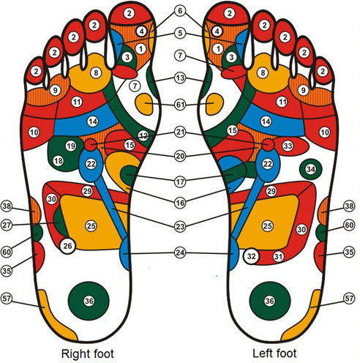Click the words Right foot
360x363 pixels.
pyautogui.click(x=88, y=353)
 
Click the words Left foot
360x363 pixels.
pyautogui.click(x=274, y=353)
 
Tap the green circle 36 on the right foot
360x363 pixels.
pyautogui.click(x=89, y=301)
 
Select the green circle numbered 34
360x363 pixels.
pyautogui.click(x=311, y=169)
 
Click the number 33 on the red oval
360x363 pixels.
pyautogui.click(x=288, y=146)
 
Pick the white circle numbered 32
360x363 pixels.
pyautogui.click(x=251, y=256)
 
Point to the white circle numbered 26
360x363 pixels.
pyautogui.click(x=67, y=246)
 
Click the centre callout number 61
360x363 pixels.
pyautogui.click(x=180, y=105)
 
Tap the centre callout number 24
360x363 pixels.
pyautogui.click(x=180, y=252)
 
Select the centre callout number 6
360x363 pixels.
pyautogui.click(x=180, y=11)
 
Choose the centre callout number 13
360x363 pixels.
pyautogui.click(x=180, y=78)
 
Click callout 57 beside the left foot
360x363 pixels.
pyautogui.click(x=349, y=299)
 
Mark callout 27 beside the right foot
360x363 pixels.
pyautogui.click(x=7, y=225)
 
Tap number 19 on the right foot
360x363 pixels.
pyautogui.click(x=71, y=146)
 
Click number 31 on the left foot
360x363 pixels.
pyautogui.click(x=278, y=256)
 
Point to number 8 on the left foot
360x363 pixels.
pyautogui.click(x=263, y=72)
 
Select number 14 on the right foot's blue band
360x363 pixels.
pyautogui.click(x=93, y=121)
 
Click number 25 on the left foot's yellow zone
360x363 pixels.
pyautogui.click(x=267, y=226)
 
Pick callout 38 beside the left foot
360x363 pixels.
pyautogui.click(x=349, y=206)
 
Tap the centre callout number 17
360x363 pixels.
pyautogui.click(x=180, y=181)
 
